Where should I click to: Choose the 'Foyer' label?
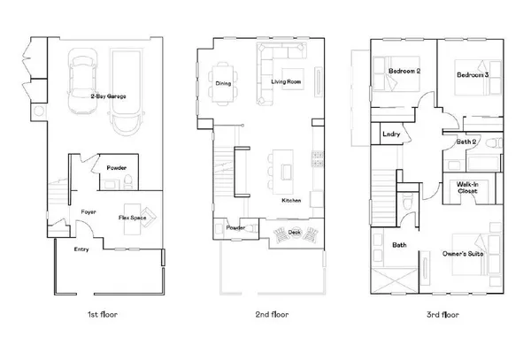(88, 212)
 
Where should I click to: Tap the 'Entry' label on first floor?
(81, 249)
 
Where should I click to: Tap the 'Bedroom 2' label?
(404, 70)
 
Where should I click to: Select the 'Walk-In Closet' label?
(468, 188)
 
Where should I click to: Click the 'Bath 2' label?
(468, 142)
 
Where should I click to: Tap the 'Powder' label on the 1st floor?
(116, 167)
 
